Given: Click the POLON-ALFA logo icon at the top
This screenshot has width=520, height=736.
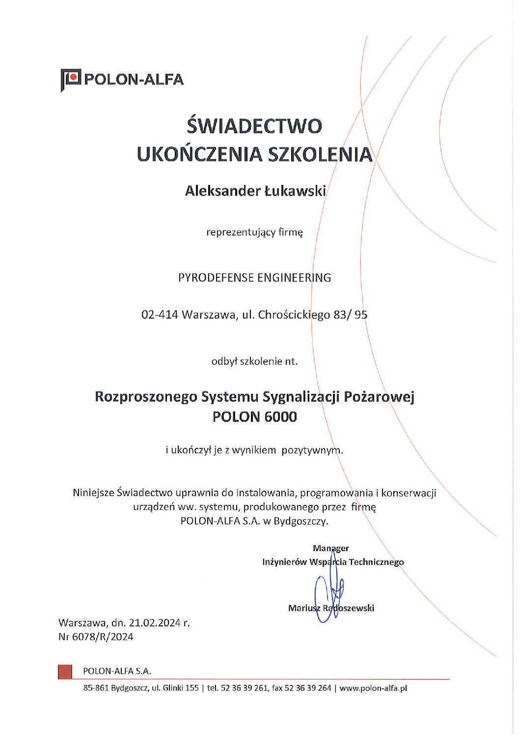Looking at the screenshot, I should (71, 80).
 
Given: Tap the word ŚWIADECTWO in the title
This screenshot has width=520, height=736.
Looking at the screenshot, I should (254, 126).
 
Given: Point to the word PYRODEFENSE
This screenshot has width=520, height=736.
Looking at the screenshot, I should (216, 278).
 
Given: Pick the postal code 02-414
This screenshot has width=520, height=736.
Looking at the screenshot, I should (160, 315).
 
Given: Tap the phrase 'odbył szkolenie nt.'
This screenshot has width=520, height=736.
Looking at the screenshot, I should (254, 361).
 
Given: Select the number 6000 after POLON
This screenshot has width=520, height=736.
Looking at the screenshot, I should (280, 417).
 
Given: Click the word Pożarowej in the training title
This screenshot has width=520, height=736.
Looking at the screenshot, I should (379, 397).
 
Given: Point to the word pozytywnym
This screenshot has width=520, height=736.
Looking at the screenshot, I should (311, 450).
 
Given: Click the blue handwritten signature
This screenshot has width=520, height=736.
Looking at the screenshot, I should (328, 596).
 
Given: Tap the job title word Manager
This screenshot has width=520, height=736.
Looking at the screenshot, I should (331, 548).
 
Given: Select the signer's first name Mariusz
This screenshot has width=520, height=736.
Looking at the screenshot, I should (304, 608).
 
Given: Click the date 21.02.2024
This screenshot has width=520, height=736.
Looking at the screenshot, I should (155, 623).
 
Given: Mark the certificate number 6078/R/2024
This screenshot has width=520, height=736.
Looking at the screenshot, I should (103, 637).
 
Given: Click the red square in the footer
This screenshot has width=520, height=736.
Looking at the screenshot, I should (65, 672).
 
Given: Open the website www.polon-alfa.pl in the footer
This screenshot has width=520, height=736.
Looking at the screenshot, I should (373, 688).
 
